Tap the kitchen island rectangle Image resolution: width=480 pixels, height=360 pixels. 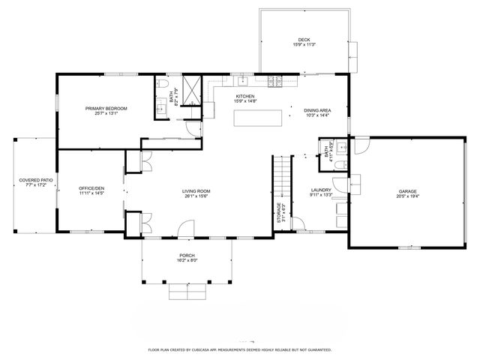coord(259,118)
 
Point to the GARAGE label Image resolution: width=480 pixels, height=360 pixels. coord(407,191)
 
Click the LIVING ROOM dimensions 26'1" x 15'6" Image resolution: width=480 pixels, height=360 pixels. coord(196,196)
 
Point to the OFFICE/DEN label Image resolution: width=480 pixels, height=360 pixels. coord(91,187)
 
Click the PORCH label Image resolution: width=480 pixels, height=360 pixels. coord(187,256)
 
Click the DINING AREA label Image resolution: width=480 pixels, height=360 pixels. coord(318,110)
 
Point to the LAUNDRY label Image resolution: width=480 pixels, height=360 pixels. coord(321,190)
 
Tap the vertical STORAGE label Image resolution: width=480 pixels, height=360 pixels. coord(280,213)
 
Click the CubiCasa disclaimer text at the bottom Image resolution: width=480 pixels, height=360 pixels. coord(239,349)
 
